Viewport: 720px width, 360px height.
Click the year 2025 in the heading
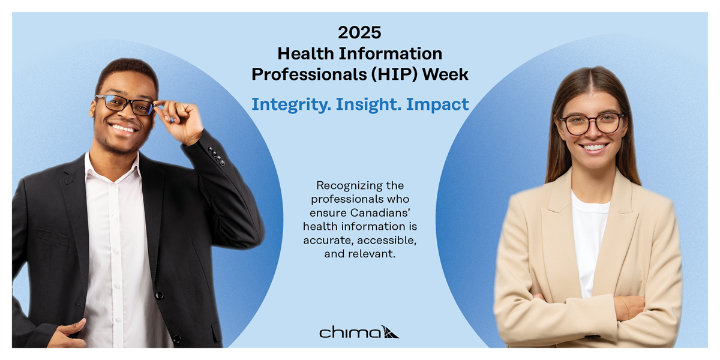pyautogui.click(x=359, y=33)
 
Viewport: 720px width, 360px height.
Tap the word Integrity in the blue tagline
pyautogui.click(x=291, y=105)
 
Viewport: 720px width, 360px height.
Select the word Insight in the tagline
pyautogui.click(x=368, y=105)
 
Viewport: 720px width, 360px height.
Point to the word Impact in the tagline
pyautogui.click(x=437, y=105)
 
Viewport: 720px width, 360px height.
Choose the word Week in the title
pyautogui.click(x=445, y=74)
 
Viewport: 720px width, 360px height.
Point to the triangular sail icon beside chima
pyautogui.click(x=390, y=332)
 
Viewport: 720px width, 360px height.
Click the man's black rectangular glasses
pyautogui.click(x=125, y=105)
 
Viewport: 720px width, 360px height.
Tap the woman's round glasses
pyautogui.click(x=592, y=124)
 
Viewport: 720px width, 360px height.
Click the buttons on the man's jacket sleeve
pyautogui.click(x=217, y=156)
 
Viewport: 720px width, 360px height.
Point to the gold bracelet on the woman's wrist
pyautogui.click(x=625, y=307)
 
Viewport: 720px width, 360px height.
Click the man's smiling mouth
pyautogui.click(x=124, y=128)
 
